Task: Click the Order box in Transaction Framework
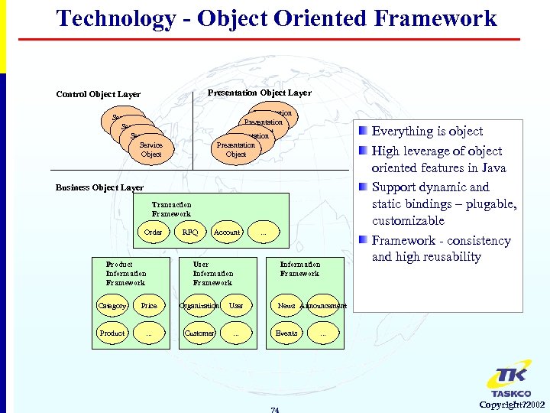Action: click(154, 232)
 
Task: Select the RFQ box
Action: click(190, 232)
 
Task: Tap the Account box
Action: click(227, 232)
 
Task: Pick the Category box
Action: click(112, 306)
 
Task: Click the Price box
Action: click(149, 306)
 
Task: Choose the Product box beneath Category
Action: click(112, 333)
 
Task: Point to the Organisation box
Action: click(199, 306)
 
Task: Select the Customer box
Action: click(199, 333)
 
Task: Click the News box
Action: click(286, 306)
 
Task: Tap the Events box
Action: click(286, 333)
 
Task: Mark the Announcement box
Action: click(323, 306)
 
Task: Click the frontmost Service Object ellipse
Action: click(151, 149)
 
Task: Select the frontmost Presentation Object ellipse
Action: click(236, 149)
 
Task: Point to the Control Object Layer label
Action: click(98, 95)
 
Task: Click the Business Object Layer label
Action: click(99, 187)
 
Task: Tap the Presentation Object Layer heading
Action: click(260, 93)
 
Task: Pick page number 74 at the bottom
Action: click(275, 410)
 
